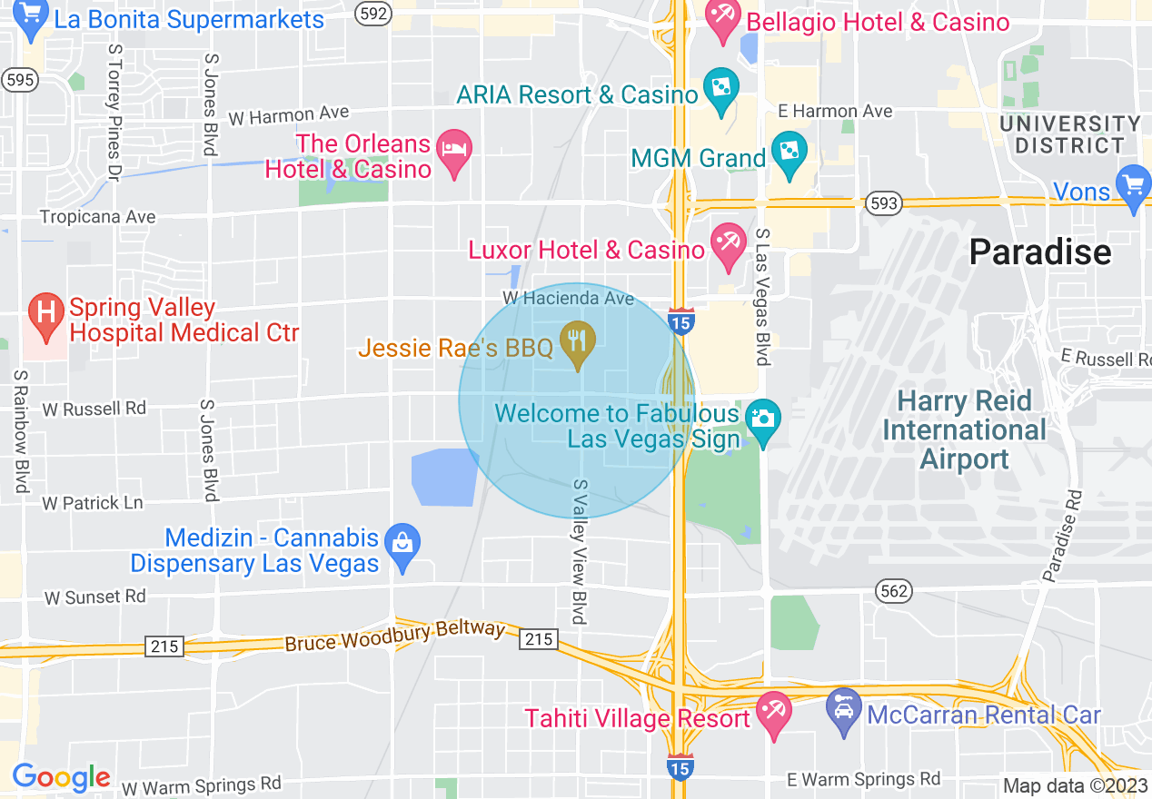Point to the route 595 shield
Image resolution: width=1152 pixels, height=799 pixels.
(x=20, y=80)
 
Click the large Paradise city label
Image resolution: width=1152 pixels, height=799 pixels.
(x=1040, y=252)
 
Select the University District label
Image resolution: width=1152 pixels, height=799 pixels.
(x=1069, y=134)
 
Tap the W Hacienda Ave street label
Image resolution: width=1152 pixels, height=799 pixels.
(x=568, y=299)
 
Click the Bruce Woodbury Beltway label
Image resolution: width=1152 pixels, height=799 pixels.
(x=394, y=636)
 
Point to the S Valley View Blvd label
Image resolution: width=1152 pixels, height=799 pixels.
(x=579, y=551)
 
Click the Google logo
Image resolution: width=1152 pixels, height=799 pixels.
(x=61, y=777)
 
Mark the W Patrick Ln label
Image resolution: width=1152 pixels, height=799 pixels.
(x=92, y=503)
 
